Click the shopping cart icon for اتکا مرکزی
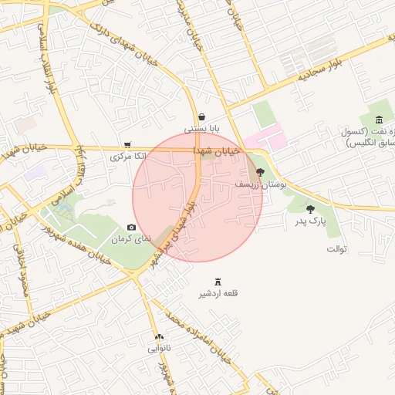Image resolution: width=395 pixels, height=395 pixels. pos(127,144)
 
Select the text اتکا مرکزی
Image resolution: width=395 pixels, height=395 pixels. pos(127,157)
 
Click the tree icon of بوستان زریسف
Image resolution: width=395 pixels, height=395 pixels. pos(260,172)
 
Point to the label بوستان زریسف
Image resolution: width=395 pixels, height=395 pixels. pos(261,185)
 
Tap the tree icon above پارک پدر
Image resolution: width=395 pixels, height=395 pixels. pos(310,208)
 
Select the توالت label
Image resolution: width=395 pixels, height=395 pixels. pos(337,249)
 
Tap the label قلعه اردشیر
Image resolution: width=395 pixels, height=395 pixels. pos(218,294)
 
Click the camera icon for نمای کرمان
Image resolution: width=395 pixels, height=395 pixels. pos(130,227)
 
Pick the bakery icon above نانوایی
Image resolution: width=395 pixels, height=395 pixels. pos(159,336)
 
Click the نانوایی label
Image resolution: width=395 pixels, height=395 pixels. pos(159,349)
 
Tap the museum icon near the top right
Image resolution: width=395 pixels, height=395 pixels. pos(378,119)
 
